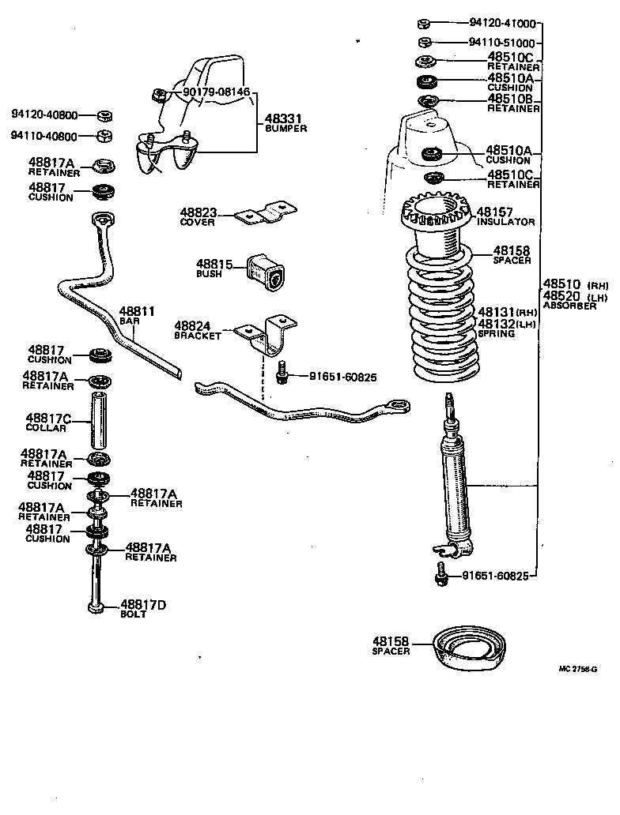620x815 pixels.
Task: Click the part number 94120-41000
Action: [501, 23]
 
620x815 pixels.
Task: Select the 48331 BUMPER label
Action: [285, 121]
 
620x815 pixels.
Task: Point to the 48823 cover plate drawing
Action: [267, 214]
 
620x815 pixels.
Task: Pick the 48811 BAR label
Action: [136, 317]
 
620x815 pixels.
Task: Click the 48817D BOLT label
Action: [142, 609]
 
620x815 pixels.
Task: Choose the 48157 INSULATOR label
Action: [505, 217]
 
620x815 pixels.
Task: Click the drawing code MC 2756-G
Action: [577, 669]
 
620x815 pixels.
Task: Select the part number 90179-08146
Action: [216, 92]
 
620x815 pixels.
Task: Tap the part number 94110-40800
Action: [44, 136]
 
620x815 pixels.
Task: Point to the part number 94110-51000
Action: [501, 43]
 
